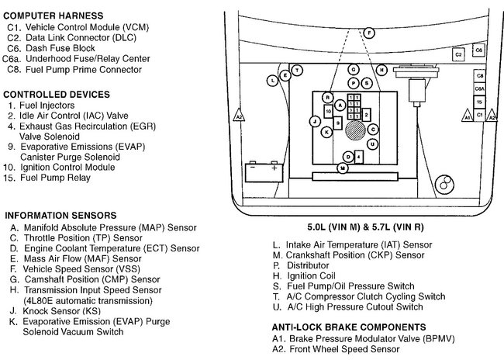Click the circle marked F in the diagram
click(369, 33)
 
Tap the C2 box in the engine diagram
click(459, 54)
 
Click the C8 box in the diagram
click(480, 76)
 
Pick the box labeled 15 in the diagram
click(480, 102)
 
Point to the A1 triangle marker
click(467, 116)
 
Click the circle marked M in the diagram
click(342, 168)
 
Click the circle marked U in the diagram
click(373, 144)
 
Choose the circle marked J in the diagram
click(315, 121)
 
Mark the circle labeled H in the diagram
click(381, 70)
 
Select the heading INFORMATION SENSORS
click(60, 215)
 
